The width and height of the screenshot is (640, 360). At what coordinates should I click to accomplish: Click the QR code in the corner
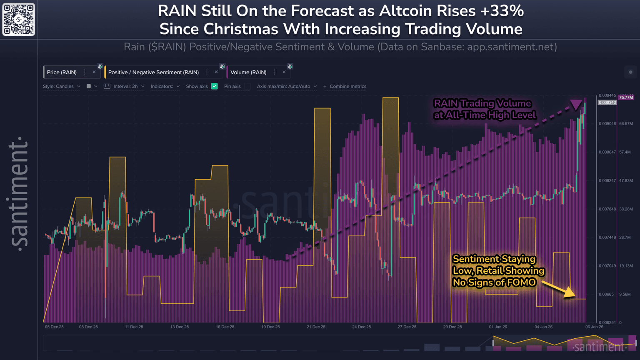(19, 19)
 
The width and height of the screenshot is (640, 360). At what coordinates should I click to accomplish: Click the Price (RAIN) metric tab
(62, 72)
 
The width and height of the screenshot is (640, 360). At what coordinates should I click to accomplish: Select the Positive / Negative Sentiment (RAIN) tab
(153, 72)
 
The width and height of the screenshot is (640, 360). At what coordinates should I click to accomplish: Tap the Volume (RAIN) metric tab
(248, 72)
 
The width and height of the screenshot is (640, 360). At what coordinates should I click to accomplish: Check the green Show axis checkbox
(215, 86)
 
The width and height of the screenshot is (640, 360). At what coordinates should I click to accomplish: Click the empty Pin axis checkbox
(247, 86)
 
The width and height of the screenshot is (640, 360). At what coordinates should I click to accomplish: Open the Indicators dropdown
(165, 86)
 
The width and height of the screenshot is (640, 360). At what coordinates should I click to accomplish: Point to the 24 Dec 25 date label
(361, 327)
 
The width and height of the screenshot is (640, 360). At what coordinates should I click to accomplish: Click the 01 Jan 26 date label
(498, 327)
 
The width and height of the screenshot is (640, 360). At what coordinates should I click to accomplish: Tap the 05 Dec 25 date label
(54, 327)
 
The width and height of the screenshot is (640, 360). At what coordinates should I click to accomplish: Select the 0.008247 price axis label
(607, 181)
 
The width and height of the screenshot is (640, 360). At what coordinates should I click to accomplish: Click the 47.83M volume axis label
(626, 181)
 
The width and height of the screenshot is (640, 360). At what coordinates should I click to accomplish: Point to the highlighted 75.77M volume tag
(626, 97)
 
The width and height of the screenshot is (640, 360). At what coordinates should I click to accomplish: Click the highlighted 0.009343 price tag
(607, 102)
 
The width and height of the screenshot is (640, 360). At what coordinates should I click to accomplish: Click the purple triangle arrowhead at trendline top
(576, 104)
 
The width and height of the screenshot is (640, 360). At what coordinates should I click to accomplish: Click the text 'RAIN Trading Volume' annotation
(482, 103)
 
